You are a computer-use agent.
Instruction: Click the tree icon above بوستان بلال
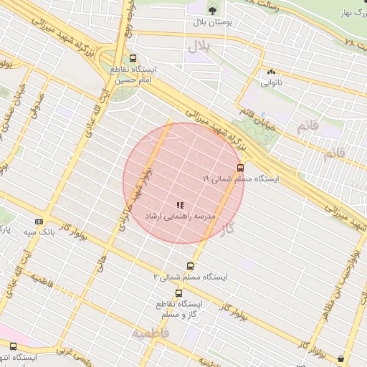pyautogui.click(x=211, y=9)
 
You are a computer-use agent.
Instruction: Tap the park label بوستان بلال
pyautogui.click(x=211, y=22)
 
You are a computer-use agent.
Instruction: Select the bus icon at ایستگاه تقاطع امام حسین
pyautogui.click(x=133, y=59)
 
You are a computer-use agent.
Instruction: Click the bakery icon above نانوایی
pyautogui.click(x=271, y=72)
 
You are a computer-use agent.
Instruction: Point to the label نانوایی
pyautogui.click(x=271, y=83)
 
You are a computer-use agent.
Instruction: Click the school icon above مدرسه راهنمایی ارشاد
pyautogui.click(x=179, y=205)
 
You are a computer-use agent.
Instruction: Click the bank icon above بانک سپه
pyautogui.click(x=39, y=221)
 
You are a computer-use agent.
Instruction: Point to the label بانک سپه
pyautogui.click(x=39, y=232)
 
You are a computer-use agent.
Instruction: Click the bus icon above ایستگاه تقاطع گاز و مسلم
pyautogui.click(x=178, y=292)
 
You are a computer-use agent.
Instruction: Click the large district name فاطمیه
pyautogui.click(x=151, y=333)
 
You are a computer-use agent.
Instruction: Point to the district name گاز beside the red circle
pyautogui.click(x=229, y=229)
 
